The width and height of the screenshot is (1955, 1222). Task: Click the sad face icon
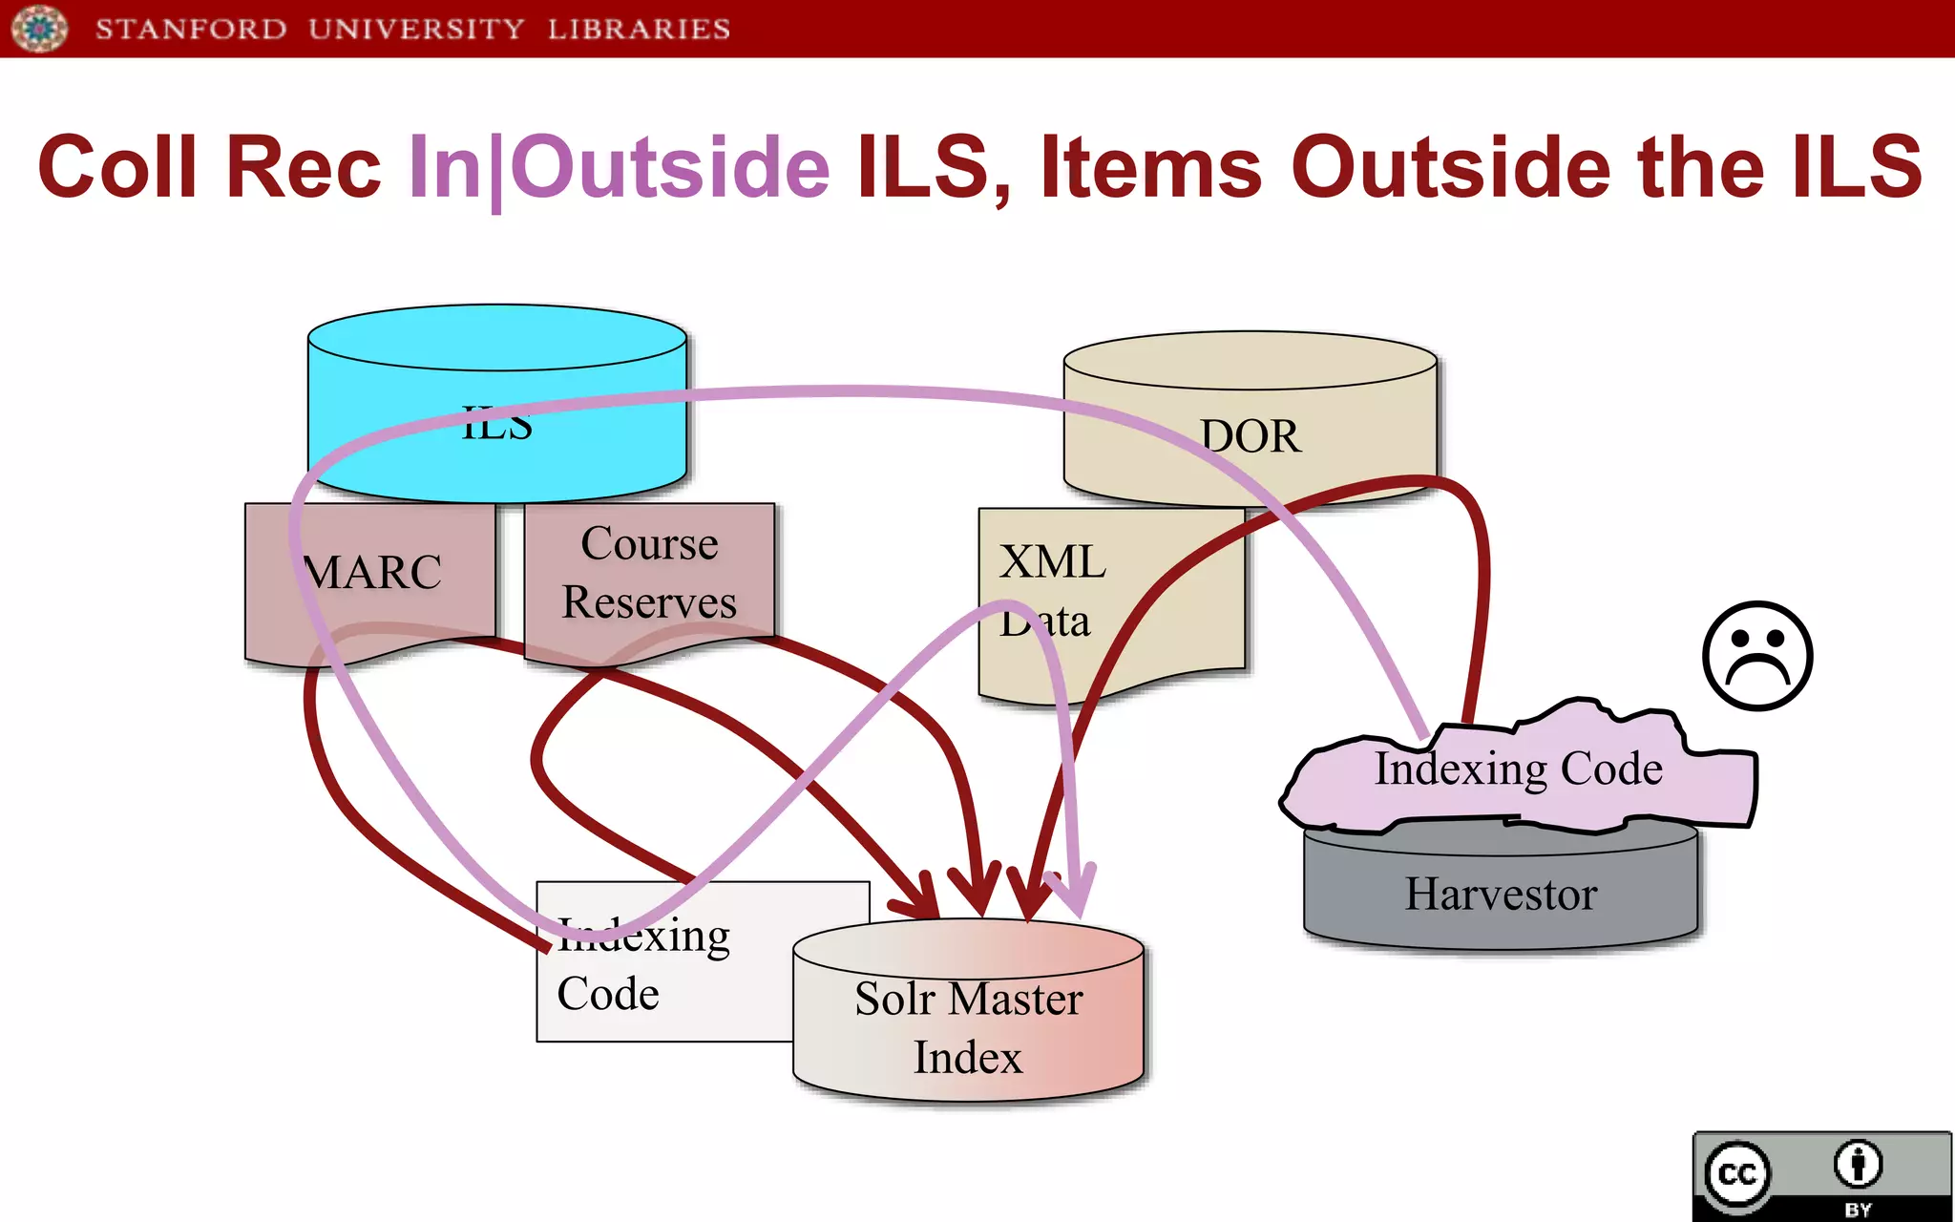pos(1757,656)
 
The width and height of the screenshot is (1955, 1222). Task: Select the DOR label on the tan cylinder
pos(1250,436)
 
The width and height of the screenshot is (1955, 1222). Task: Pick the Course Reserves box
pos(649,573)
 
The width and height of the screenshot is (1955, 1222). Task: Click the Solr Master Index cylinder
pos(968,1026)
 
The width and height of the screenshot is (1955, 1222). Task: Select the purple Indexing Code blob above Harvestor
pos(1518,769)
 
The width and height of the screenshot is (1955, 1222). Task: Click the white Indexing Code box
pos(649,993)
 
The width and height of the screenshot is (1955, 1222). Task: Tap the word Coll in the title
pos(115,168)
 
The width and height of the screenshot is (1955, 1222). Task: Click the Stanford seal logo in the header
pos(39,29)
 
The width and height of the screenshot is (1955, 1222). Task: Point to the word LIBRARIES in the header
pos(639,29)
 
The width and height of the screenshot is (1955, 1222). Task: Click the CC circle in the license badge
pos(1736,1173)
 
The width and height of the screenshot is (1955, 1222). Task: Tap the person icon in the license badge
pos(1858,1164)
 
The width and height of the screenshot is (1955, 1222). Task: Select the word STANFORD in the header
pos(191,29)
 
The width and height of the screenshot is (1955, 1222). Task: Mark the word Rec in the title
pos(304,168)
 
